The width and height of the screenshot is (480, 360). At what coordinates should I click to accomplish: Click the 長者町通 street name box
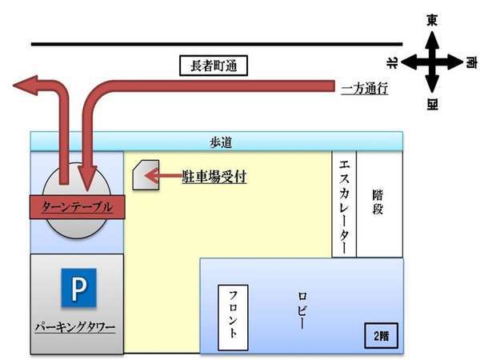coord(214,66)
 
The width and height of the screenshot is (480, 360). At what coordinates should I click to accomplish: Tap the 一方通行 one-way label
coord(365,89)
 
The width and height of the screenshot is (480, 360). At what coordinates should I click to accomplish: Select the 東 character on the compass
coord(432,21)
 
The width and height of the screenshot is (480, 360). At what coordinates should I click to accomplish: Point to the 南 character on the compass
coord(471,62)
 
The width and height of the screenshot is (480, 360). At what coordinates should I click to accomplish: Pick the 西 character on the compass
coord(432,104)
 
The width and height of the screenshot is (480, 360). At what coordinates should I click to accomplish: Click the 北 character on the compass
coord(392,62)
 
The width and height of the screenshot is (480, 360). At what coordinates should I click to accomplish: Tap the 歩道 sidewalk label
coord(221,142)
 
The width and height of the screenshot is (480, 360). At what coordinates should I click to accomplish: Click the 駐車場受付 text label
coord(214,176)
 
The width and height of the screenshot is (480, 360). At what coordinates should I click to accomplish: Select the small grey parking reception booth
coord(146,175)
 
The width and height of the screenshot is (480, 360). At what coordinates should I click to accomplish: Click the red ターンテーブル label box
coord(77,207)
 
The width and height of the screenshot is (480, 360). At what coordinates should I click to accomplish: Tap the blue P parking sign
coord(78,288)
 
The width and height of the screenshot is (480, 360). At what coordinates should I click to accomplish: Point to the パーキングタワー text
coord(75,327)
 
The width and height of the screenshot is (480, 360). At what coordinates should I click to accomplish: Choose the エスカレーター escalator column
coord(344,204)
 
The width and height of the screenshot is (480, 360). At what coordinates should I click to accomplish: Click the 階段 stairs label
coord(378,202)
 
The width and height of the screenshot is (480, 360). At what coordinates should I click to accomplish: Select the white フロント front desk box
coord(233,318)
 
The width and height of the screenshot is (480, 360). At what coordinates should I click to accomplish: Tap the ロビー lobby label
coord(302,310)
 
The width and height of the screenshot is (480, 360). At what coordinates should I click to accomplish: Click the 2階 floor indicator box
coord(381,336)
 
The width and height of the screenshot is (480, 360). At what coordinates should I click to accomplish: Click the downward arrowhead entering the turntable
coord(87,178)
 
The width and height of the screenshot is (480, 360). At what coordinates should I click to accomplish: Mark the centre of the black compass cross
coord(432,62)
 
